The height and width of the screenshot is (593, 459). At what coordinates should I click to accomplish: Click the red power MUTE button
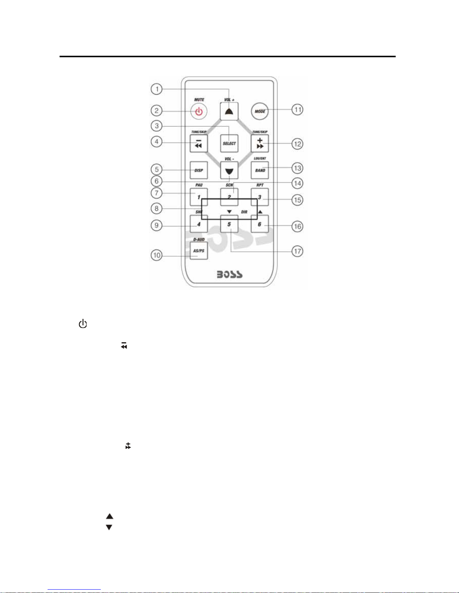coord(199,111)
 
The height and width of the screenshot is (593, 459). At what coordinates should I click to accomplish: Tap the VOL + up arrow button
coord(229,111)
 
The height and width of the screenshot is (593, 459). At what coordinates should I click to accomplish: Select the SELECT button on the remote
coord(229,143)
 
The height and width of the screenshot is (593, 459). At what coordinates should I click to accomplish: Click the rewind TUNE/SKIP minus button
coord(199,143)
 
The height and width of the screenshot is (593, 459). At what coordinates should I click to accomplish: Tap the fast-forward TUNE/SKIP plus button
coord(260,143)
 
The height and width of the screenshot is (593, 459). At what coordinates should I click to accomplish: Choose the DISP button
coord(199,170)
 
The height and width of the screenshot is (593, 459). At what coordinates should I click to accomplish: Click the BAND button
coord(260,170)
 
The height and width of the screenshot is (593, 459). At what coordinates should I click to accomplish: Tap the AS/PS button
coord(199,251)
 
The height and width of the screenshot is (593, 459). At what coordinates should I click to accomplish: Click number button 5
coord(229,224)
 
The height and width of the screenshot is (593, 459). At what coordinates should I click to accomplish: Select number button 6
coord(259,224)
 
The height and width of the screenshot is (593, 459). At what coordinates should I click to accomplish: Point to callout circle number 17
coord(298,251)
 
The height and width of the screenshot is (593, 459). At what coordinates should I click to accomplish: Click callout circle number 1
coord(157,89)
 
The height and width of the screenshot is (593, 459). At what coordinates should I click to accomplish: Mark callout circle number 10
coord(157,256)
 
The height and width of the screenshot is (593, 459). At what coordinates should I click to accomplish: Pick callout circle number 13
coord(298,168)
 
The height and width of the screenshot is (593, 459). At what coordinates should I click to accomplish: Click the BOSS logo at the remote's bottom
coord(230,275)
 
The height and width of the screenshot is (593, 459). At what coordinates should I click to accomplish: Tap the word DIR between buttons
coord(244,212)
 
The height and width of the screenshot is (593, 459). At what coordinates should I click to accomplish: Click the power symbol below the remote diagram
coord(83,324)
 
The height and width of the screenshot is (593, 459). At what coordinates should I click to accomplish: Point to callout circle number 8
coord(157,208)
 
